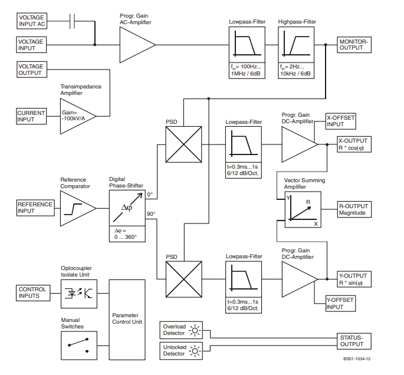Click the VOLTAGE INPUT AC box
coord(32,21)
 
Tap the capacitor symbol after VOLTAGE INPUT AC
coord(72,21)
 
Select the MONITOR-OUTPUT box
coord(354,45)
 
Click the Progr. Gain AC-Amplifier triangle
coord(137,45)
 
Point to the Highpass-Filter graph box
coord(296,45)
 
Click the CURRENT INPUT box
coord(31,116)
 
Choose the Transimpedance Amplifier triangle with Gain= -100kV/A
coord(78,116)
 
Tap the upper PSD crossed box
coord(183,144)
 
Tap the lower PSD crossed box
coord(183,279)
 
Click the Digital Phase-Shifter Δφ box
coord(127,208)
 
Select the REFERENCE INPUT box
coord(35,208)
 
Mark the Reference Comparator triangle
coord(78,208)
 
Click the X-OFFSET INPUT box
coord(341,121)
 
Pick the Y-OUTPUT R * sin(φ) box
coord(354,279)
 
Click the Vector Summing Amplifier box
coord(303,210)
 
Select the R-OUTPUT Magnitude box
coord(354,209)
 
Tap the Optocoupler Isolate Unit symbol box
coord(79,294)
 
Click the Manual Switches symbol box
coord(79,346)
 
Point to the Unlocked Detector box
coord(181,351)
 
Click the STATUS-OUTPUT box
coord(354,341)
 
